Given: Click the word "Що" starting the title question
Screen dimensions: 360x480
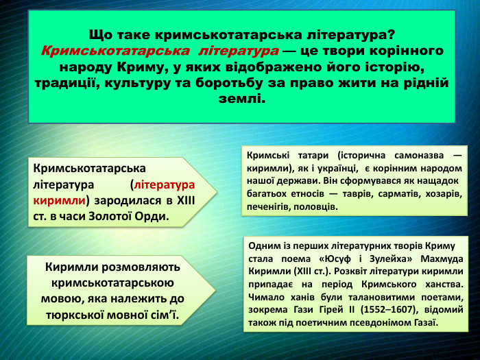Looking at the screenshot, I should tap(101, 34).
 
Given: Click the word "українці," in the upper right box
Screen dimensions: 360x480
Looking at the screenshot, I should tap(342, 168).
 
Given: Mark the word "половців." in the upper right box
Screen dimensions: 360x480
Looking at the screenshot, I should tap(317, 206).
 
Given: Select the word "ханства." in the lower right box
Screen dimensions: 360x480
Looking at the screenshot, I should tap(442, 284).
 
